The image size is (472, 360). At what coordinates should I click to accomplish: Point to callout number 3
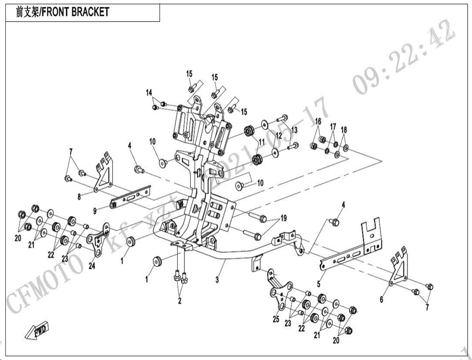[217, 280]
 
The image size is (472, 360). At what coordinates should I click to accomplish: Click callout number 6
[381, 300]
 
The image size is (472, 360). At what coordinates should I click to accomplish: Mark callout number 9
[95, 210]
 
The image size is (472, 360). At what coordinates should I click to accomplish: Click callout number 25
[275, 319]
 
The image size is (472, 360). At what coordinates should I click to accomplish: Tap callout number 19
[284, 218]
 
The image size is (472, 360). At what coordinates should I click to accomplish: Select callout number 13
[294, 130]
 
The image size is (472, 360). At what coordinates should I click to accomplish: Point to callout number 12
[278, 136]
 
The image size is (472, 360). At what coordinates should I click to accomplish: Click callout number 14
[149, 92]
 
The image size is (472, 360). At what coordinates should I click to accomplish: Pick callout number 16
[318, 120]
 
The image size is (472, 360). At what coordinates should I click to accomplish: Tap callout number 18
[344, 130]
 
